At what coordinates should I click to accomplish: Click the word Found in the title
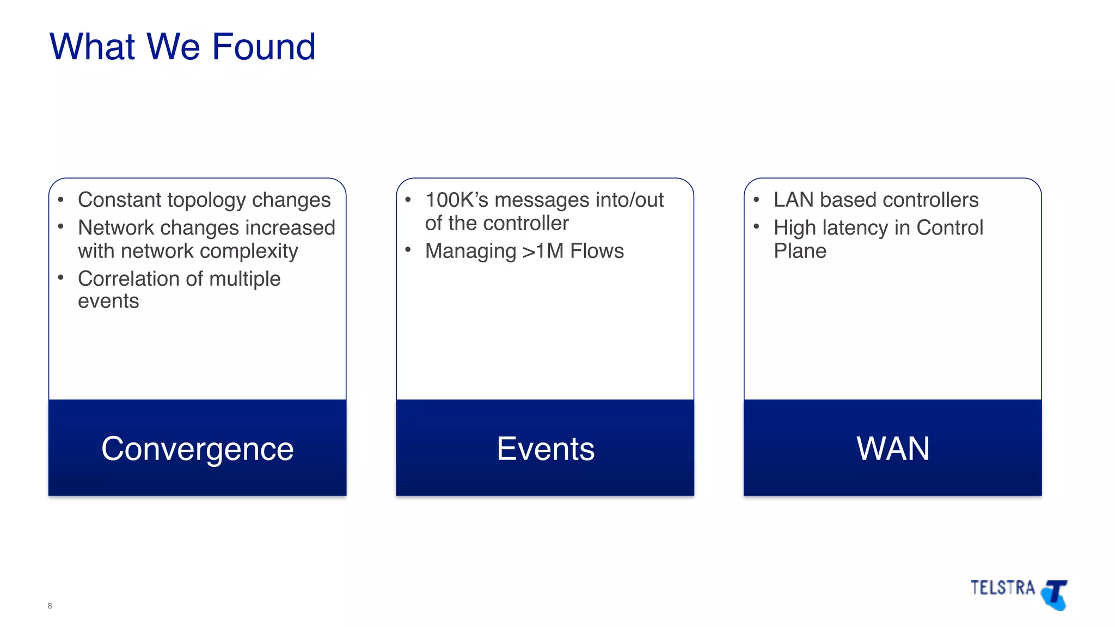tap(264, 47)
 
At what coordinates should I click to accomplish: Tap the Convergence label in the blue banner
tap(197, 449)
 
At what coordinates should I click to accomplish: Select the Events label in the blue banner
tap(545, 449)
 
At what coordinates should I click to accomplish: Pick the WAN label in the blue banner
tap(893, 449)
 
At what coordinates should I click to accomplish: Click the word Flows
tap(597, 251)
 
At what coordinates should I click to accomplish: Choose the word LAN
tap(793, 200)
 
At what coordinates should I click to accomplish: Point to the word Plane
tap(800, 251)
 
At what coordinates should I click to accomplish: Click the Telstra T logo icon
tap(1055, 595)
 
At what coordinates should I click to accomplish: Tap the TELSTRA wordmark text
tap(1002, 588)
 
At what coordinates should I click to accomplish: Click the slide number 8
tap(50, 606)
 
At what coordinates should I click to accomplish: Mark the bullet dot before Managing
tap(408, 249)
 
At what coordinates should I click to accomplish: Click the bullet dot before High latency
tap(756, 226)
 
